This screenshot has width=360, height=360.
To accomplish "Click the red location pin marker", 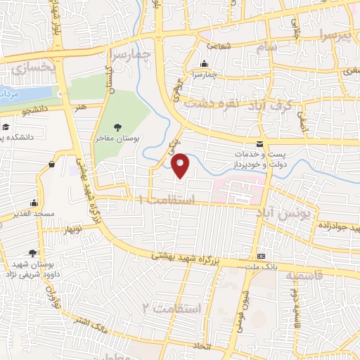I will (181, 165).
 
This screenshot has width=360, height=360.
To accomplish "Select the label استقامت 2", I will (172, 309).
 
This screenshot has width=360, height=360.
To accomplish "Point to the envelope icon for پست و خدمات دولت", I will (259, 143).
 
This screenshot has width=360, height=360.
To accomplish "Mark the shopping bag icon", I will (52, 165).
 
